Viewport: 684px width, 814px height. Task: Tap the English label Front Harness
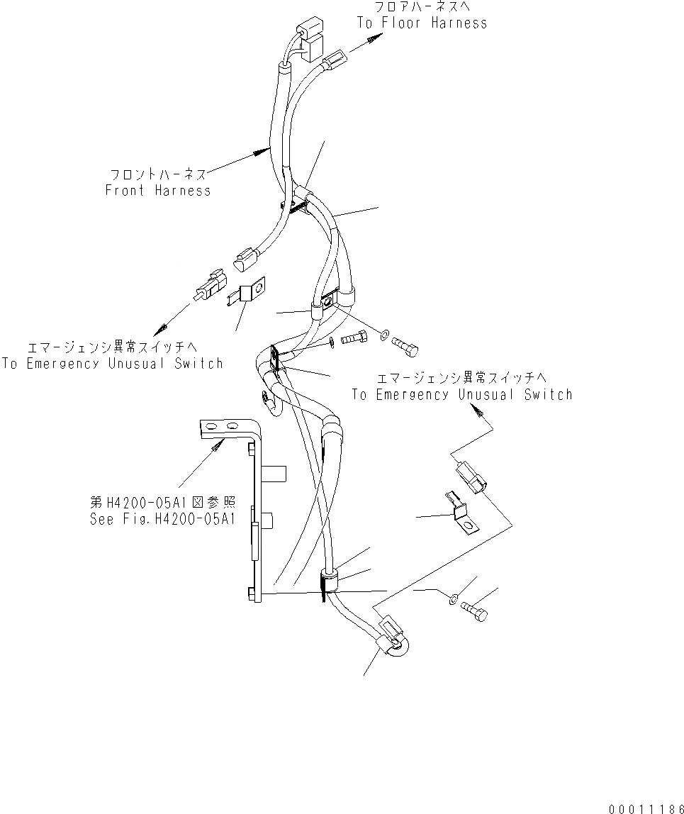pyautogui.click(x=157, y=190)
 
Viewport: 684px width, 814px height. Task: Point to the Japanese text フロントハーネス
pyautogui.click(x=158, y=174)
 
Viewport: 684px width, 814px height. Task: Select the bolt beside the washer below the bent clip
pyautogui.click(x=474, y=609)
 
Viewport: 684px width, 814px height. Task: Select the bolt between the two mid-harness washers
pyautogui.click(x=353, y=339)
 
